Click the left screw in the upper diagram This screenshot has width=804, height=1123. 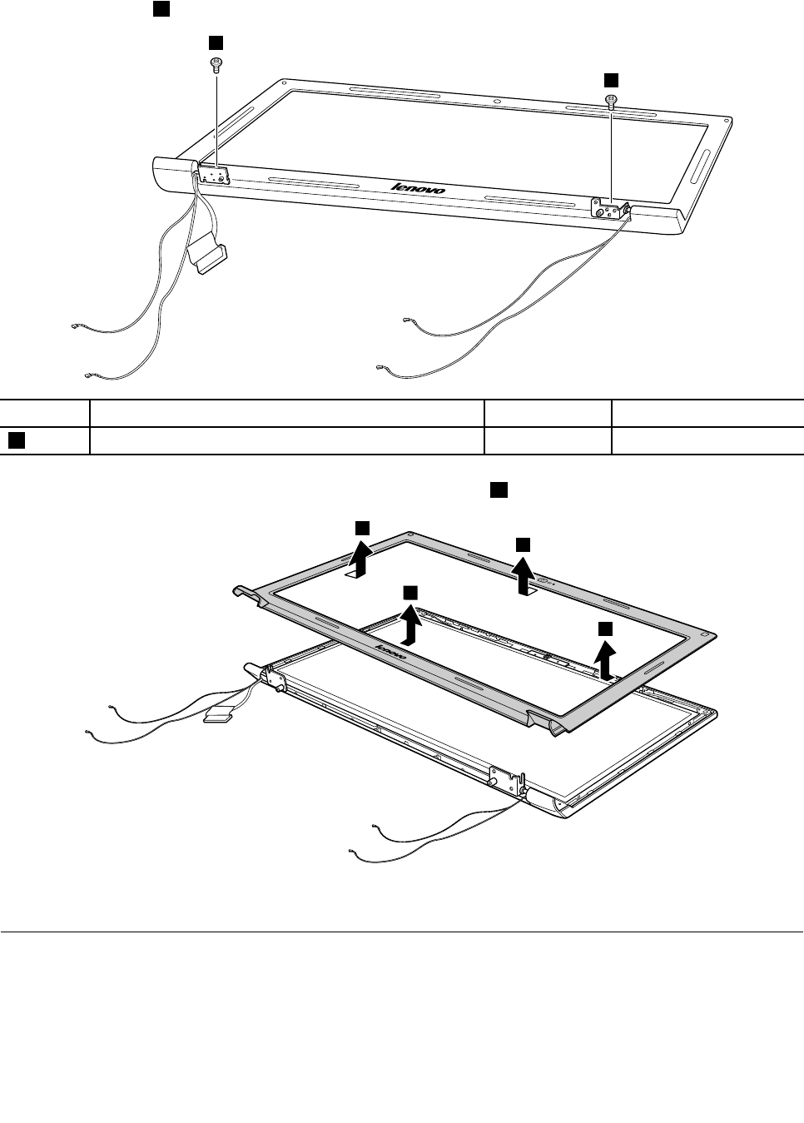pyautogui.click(x=216, y=63)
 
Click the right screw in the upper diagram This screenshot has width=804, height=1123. pyautogui.click(x=612, y=102)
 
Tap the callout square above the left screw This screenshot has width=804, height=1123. pyautogui.click(x=216, y=42)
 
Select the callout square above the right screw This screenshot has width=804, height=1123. pyautogui.click(x=611, y=79)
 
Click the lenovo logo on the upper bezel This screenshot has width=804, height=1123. pyautogui.click(x=419, y=188)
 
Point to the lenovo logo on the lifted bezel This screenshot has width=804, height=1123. pyautogui.click(x=391, y=652)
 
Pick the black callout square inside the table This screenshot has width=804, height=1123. pyautogui.click(x=16, y=440)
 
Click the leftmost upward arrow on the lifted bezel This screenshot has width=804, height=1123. pyautogui.click(x=360, y=558)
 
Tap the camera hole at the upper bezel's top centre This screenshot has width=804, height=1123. pyautogui.click(x=497, y=102)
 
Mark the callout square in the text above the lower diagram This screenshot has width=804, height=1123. pyautogui.click(x=498, y=491)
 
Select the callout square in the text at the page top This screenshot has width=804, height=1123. pyautogui.click(x=161, y=8)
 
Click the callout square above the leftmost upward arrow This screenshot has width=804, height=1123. pyautogui.click(x=362, y=527)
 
